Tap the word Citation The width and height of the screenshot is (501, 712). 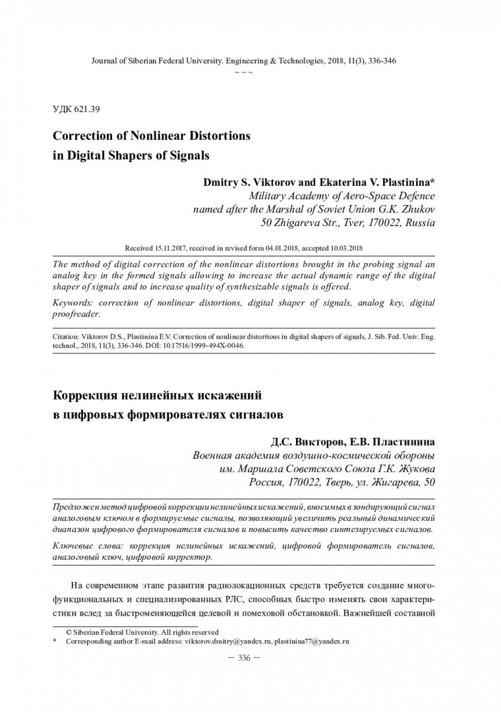point(67,336)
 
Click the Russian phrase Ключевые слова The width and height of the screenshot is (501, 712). point(84,547)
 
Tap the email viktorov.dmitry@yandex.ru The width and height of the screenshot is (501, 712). point(229,640)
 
